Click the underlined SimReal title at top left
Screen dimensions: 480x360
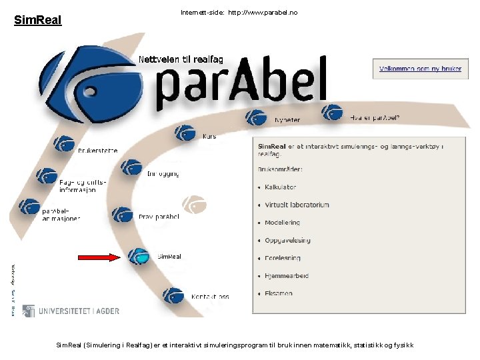click(37, 21)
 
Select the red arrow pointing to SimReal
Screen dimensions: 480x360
click(98, 257)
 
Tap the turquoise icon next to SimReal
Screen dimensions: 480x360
click(139, 256)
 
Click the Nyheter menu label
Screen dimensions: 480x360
click(287, 120)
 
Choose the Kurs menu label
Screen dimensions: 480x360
click(209, 137)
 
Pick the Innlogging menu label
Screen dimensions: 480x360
click(163, 173)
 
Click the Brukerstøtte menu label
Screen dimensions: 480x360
click(97, 151)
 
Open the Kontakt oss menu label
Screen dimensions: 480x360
click(210, 297)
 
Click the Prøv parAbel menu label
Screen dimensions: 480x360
click(159, 217)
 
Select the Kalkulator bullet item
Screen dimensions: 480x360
click(280, 187)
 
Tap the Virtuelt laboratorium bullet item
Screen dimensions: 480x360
click(297, 205)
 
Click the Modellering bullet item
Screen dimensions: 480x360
click(282, 223)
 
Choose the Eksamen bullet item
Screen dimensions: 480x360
click(278, 293)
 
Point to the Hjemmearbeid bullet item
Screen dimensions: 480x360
click(287, 275)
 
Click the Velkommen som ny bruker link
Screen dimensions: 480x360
click(420, 69)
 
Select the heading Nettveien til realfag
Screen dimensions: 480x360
click(181, 59)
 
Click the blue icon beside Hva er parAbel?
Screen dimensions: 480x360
click(331, 113)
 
